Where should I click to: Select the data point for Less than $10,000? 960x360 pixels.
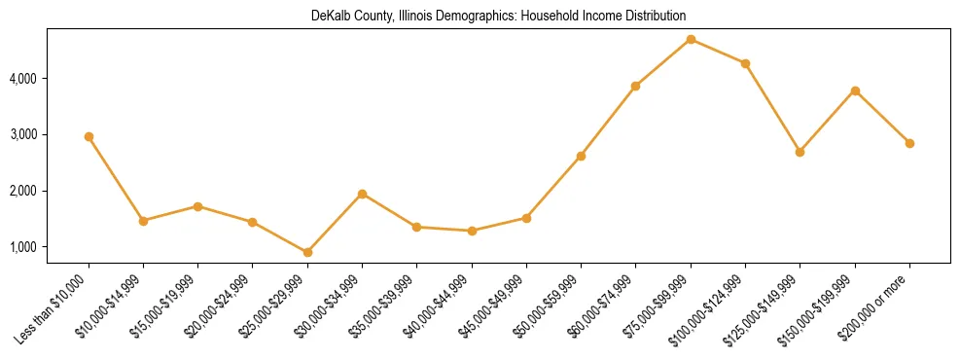pos(89,137)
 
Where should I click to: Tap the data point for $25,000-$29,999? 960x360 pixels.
pos(307,252)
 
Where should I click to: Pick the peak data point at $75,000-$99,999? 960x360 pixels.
pos(691,39)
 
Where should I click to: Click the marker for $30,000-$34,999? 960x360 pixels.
pos(362,194)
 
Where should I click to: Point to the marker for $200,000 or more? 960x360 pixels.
pos(909,143)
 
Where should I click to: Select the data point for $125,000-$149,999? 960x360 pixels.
pos(800,152)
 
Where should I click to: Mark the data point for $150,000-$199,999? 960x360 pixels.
pos(855,90)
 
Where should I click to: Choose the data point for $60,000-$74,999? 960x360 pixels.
pos(635,86)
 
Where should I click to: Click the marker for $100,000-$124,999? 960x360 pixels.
pos(745,63)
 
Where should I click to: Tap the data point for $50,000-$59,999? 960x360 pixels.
pos(581,156)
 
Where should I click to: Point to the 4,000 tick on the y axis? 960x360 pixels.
pos(22,78)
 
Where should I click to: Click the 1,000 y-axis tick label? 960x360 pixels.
pos(22,247)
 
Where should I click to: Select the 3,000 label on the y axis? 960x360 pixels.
pos(22,134)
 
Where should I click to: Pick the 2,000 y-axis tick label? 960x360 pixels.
pos(22,191)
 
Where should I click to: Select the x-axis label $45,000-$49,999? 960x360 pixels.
pos(494,306)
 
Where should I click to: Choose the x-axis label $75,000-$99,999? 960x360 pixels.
pos(658,306)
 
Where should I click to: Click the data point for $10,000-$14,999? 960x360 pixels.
pos(143,221)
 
